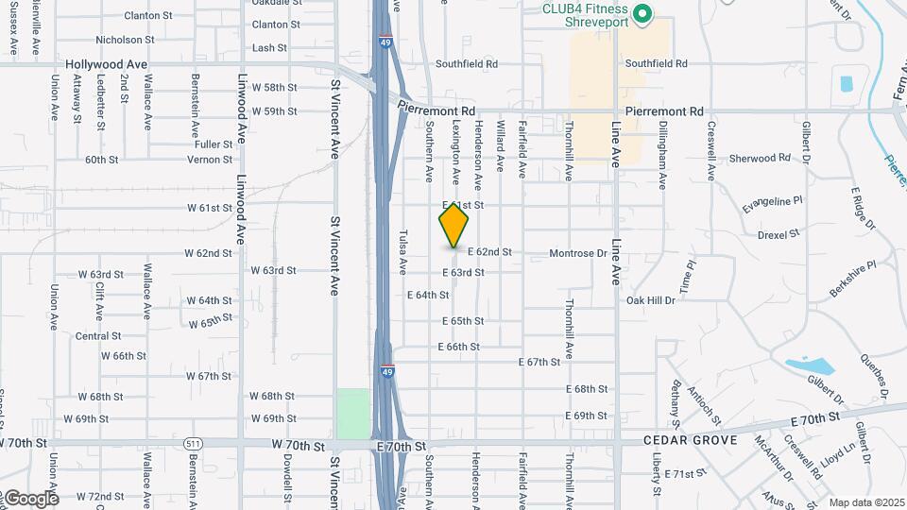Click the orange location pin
click(x=453, y=225)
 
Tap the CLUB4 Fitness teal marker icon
click(x=642, y=13)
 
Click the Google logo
click(x=30, y=498)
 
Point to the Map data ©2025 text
click(x=866, y=502)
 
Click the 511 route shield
click(x=193, y=443)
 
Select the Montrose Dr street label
click(x=577, y=253)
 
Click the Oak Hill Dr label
click(x=651, y=300)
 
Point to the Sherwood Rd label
click(x=760, y=159)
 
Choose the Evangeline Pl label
click(x=772, y=200)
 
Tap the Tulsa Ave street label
click(x=402, y=251)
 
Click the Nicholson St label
click(x=125, y=40)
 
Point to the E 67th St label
click(x=540, y=363)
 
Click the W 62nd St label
click(x=209, y=253)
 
